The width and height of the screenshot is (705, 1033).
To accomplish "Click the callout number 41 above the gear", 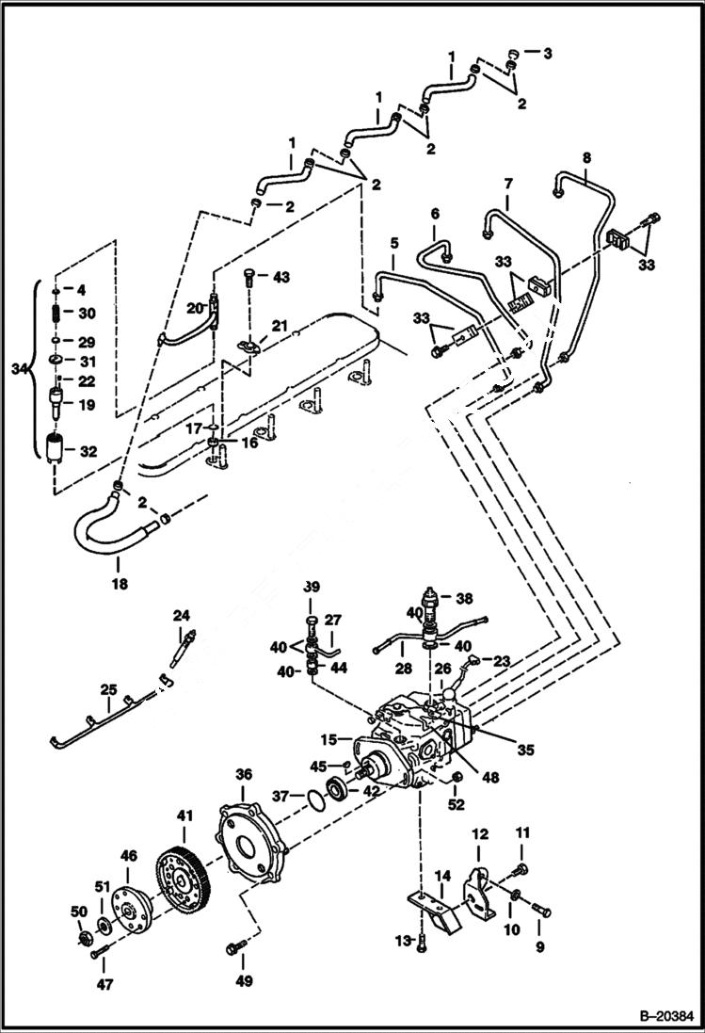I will [x=184, y=811].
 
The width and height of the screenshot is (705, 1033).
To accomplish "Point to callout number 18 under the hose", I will [x=119, y=584].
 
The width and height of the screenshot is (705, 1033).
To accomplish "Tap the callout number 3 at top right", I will [x=547, y=54].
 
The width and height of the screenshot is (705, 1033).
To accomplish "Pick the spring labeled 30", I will [x=56, y=314].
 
